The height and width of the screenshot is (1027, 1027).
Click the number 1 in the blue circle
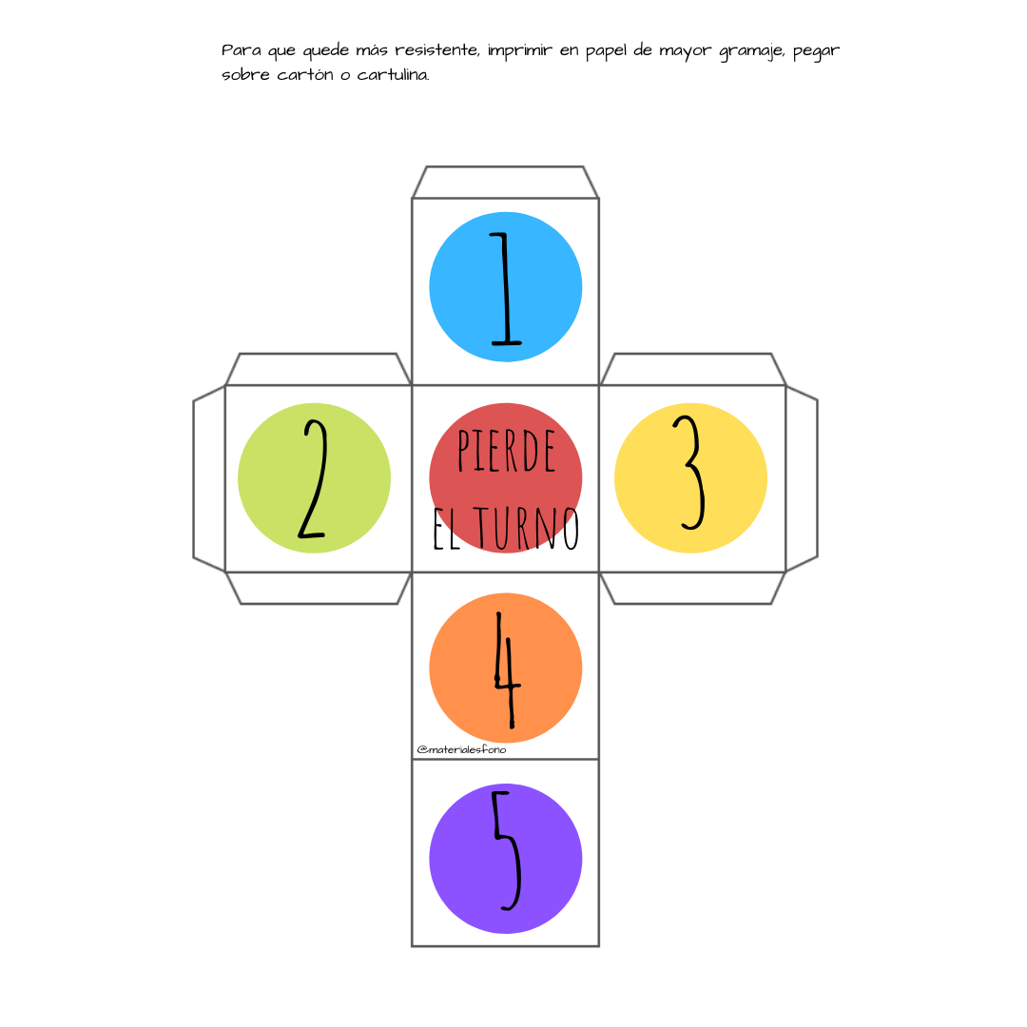pyautogui.click(x=505, y=288)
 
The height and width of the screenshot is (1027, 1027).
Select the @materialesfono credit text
pyautogui.click(x=461, y=749)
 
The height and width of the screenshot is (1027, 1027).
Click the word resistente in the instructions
pyautogui.click(x=436, y=49)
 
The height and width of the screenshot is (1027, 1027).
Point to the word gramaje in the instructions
pyautogui.click(x=751, y=51)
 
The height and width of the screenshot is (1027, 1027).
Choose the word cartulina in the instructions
pyautogui.click(x=393, y=75)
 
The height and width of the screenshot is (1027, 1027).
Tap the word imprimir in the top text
pyautogui.click(x=520, y=51)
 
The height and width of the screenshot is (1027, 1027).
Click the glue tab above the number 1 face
pyautogui.click(x=505, y=182)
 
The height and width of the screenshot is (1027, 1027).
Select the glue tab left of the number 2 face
pyautogui.click(x=209, y=478)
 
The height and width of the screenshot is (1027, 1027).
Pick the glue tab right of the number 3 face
pyautogui.click(x=802, y=478)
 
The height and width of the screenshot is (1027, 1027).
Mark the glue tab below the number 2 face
pyautogui.click(x=319, y=588)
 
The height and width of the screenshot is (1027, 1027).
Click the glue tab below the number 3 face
pyautogui.click(x=692, y=588)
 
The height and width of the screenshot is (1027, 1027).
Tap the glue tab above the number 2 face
pyautogui.click(x=319, y=369)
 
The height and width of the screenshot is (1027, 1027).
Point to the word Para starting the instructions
pyautogui.click(x=241, y=49)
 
